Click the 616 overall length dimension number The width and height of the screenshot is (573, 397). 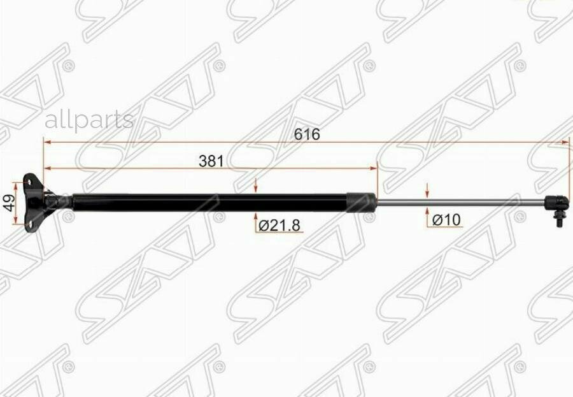pyautogui.click(x=307, y=134)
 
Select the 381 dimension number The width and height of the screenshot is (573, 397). pyautogui.click(x=211, y=161)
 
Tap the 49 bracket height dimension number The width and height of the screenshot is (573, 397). pyautogui.click(x=10, y=203)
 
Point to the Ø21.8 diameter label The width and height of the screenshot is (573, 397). pyautogui.click(x=279, y=226)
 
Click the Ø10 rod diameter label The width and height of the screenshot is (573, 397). pyautogui.click(x=446, y=220)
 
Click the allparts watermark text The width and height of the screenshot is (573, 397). pyautogui.click(x=89, y=120)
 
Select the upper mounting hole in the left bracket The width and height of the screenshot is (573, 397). pyautogui.click(x=28, y=181)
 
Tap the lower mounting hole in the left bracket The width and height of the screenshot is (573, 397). pyautogui.click(x=29, y=224)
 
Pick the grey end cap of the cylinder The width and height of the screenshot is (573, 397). pyautogui.click(x=361, y=203)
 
